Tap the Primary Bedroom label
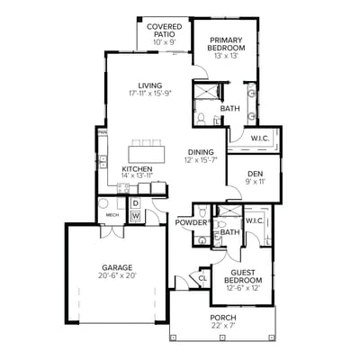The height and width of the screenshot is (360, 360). pyautogui.click(x=226, y=44)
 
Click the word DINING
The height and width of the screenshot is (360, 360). pyautogui.click(x=200, y=151)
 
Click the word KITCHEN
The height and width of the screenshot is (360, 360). pyautogui.click(x=137, y=168)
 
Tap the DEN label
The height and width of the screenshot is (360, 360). pyautogui.click(x=256, y=173)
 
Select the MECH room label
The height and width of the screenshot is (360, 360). pyautogui.click(x=112, y=215)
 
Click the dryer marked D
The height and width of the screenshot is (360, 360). pyautogui.click(x=135, y=203)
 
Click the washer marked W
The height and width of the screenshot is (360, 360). pyautogui.click(x=135, y=216)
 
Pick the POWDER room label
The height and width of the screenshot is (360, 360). pyautogui.click(x=192, y=222)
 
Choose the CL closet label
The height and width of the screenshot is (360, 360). pyautogui.click(x=202, y=278)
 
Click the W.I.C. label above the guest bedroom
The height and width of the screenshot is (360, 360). pyautogui.click(x=254, y=220)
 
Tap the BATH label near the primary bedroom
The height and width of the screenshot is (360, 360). pyautogui.click(x=229, y=109)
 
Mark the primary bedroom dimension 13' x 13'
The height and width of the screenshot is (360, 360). pyautogui.click(x=226, y=56)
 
